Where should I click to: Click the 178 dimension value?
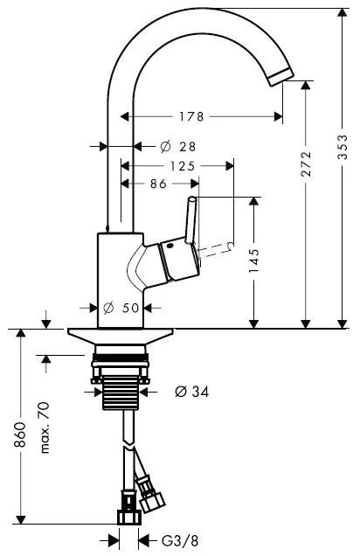pos(191,116)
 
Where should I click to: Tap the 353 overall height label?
pos(343,147)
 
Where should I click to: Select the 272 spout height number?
pos(306,163)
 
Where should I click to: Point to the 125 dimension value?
pos(183,165)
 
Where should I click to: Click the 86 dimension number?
pos(158,184)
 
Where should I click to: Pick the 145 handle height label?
pos(253,261)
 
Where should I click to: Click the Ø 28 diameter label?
pos(178,146)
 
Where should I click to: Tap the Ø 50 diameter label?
pos(121,308)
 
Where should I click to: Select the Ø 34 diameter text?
pos(191,392)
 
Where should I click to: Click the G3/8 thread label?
pos(180,541)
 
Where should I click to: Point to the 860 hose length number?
pos(20,434)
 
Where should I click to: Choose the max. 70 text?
pos(45,427)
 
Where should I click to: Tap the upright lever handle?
pos(190,219)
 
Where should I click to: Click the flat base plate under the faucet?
pos(121,337)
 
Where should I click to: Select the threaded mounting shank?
pos(120,393)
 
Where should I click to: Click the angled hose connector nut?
pos(153,501)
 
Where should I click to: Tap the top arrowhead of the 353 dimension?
pos(342,13)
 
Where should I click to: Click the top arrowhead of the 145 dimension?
pos(253,202)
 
